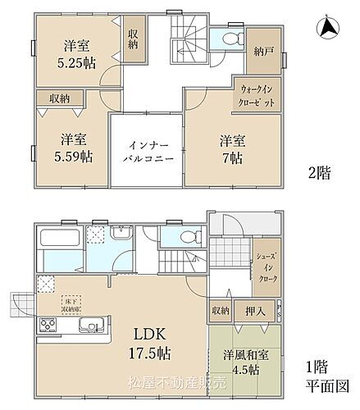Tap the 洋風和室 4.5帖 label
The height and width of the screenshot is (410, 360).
(x=242, y=362)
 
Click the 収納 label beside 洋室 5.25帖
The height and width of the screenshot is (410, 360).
(x=133, y=39)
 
